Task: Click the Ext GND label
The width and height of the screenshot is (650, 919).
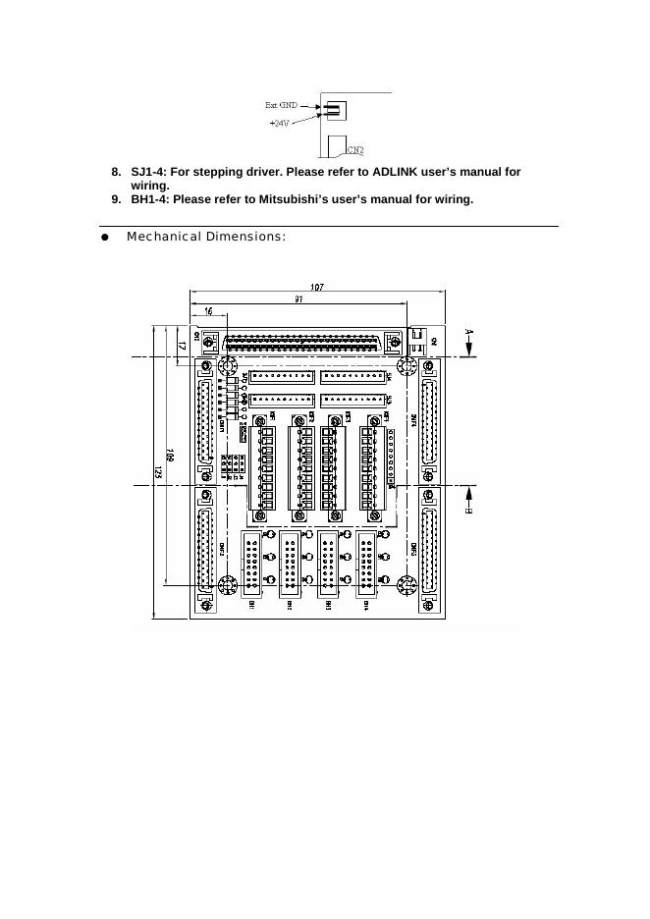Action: pos(281,104)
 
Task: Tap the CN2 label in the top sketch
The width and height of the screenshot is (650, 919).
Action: pos(355,150)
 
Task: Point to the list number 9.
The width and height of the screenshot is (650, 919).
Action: pos(115,199)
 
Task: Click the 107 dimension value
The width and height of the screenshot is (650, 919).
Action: pos(316,287)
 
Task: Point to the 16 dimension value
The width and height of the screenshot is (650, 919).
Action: pos(208,310)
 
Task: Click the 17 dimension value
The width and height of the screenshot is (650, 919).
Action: pos(184,346)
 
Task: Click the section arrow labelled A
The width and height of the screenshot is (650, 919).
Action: pos(469,341)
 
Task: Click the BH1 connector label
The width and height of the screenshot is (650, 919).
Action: pos(252,605)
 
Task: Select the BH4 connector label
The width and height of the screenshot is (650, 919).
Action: pos(365,605)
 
